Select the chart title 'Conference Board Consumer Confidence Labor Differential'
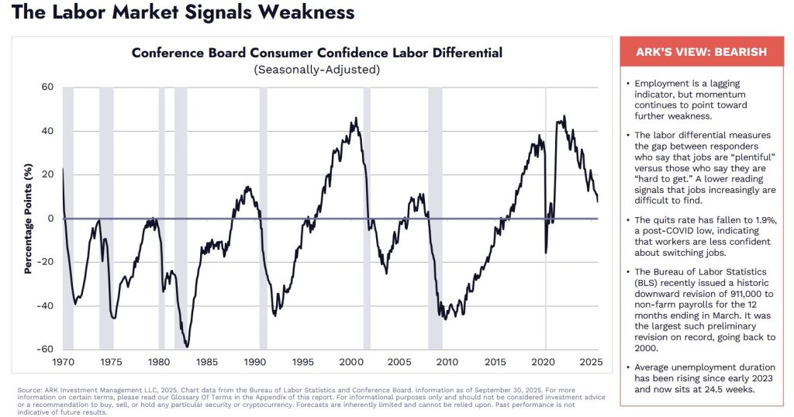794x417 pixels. pos(316,53)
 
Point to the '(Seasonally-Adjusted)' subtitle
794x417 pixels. pos(316,70)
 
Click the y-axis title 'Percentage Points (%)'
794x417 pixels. pos(28,219)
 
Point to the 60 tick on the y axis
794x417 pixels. pos(47,88)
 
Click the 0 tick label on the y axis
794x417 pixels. pos(51,219)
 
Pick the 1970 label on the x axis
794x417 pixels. pos(64,362)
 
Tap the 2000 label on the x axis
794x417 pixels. pos(351,362)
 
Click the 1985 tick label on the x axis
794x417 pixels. pos(207,362)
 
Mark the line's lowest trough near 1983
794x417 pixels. pos(187,346)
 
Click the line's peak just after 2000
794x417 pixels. pos(356,119)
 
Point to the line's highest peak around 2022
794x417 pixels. pos(564,116)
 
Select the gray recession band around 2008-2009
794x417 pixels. pos(435,219)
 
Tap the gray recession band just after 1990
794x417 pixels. pos(264,219)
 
